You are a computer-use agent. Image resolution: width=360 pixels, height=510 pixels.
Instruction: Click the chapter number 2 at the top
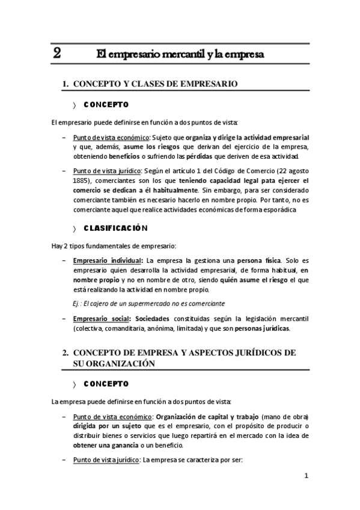pyautogui.click(x=56, y=53)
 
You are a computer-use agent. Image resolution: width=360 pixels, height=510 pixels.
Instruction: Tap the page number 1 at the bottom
pyautogui.click(x=306, y=476)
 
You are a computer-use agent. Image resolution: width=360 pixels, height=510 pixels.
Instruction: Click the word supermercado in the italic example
pyautogui.click(x=154, y=304)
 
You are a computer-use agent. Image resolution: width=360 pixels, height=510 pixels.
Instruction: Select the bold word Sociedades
pyautogui.click(x=153, y=318)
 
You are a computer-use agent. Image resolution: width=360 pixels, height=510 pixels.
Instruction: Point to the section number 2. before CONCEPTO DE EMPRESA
pyautogui.click(x=66, y=353)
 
